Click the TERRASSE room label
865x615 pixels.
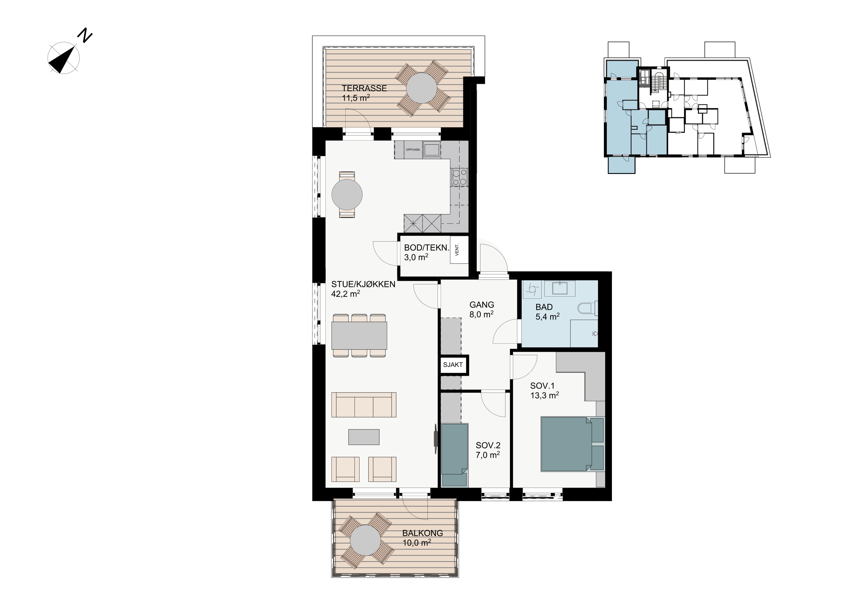(x=364, y=88)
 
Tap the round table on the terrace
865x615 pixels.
(x=422, y=88)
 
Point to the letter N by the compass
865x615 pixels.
(x=85, y=35)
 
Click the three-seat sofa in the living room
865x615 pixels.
(x=364, y=405)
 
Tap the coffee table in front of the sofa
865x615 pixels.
(x=364, y=437)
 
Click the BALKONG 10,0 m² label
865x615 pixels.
(x=422, y=537)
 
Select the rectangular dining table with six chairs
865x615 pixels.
(x=359, y=336)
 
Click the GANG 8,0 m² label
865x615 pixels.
(x=481, y=309)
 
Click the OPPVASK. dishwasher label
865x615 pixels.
(x=413, y=150)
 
